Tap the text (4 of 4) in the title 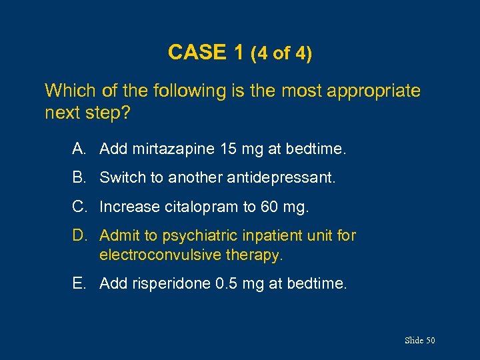[x=281, y=53]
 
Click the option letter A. [x=78, y=150]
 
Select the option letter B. [x=78, y=179]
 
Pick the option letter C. [x=79, y=207]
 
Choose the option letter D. [x=79, y=235]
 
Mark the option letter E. [x=78, y=284]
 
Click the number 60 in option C [x=270, y=207]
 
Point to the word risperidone [x=171, y=285]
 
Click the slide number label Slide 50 [x=420, y=341]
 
